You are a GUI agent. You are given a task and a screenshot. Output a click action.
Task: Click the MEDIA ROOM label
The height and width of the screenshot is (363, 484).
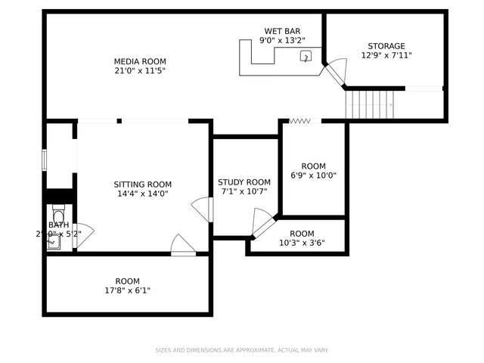coord(140,61)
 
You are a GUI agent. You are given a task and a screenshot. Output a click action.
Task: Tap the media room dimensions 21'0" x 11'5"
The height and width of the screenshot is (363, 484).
coord(140,71)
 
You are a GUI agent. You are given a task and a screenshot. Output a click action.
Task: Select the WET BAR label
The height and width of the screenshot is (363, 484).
coord(282,31)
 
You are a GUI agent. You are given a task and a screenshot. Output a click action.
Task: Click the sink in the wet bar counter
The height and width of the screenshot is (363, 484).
coord(306,56)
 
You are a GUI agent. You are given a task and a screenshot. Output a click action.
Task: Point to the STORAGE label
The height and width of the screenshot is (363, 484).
coord(386,46)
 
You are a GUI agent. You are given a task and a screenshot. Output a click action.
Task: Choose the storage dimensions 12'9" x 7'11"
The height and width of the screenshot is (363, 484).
coord(386,56)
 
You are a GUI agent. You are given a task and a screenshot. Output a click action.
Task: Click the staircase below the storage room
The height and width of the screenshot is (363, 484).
coord(370,104)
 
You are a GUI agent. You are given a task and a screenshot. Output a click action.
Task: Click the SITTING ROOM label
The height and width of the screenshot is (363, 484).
coord(142,185)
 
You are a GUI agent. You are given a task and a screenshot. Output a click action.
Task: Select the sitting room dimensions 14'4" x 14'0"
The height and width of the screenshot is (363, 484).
coord(142,194)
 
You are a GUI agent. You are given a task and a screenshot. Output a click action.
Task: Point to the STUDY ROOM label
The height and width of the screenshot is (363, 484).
coord(244,182)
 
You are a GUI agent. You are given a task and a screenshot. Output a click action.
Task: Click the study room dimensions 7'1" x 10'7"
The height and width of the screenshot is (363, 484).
coord(244,191)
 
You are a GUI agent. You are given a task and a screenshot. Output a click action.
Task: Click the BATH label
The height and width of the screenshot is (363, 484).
coord(58,225)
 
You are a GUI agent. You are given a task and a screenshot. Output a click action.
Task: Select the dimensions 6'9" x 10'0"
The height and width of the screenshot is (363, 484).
coord(313,176)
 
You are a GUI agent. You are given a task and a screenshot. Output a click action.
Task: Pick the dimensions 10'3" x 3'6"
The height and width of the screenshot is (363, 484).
coord(301,244)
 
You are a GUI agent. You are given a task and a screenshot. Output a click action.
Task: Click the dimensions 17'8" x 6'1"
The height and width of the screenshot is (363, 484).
coord(127,290)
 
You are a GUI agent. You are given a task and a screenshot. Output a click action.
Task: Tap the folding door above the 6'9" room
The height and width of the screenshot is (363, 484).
coord(300,120)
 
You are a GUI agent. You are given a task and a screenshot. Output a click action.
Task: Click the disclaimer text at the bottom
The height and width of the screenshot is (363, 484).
coord(242,350)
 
